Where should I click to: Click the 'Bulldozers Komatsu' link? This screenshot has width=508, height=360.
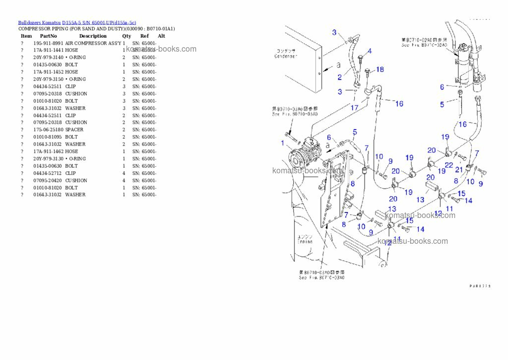pyautogui.click(x=40, y=22)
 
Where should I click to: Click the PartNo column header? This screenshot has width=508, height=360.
pyautogui.click(x=48, y=36)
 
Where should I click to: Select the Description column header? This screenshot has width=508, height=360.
pyautogui.click(x=93, y=36)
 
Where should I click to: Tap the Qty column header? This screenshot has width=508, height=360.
pyautogui.click(x=127, y=36)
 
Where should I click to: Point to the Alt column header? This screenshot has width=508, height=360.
pyautogui.click(x=161, y=36)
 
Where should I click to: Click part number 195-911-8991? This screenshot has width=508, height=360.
pyautogui.click(x=48, y=43)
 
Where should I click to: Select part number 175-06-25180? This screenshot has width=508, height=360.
pyautogui.click(x=48, y=130)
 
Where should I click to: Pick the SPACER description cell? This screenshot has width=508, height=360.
pyautogui.click(x=74, y=130)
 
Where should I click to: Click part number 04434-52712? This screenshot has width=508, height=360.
pyautogui.click(x=48, y=173)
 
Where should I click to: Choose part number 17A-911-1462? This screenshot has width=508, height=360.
pyautogui.click(x=48, y=151)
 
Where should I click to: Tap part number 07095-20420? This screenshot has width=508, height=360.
pyautogui.click(x=48, y=180)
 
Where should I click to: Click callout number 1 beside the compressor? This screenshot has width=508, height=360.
pyautogui.click(x=282, y=144)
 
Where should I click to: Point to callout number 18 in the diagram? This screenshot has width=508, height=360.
pyautogui.click(x=380, y=70)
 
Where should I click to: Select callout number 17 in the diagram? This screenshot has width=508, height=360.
pyautogui.click(x=354, y=107)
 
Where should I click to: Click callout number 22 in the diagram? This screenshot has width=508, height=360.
pyautogui.click(x=448, y=165)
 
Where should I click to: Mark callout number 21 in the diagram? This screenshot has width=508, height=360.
pyautogui.click(x=459, y=170)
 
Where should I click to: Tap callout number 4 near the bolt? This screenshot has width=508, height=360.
pyautogui.click(x=369, y=52)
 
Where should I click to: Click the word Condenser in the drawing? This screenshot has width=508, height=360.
pyautogui.click(x=285, y=56)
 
